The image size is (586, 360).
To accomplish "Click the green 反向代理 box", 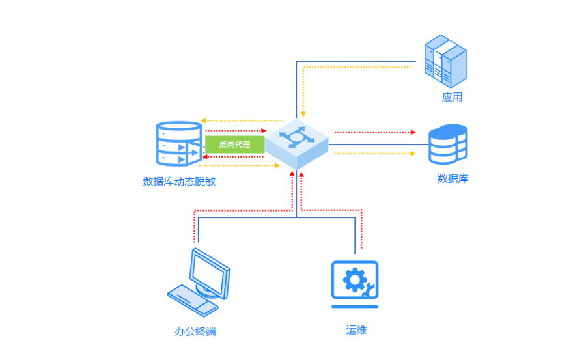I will (x=234, y=144).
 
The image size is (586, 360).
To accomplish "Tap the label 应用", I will (x=452, y=98).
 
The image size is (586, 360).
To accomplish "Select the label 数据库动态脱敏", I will (x=179, y=182).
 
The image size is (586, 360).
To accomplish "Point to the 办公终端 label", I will (x=195, y=331).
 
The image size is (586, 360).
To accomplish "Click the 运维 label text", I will (x=356, y=330).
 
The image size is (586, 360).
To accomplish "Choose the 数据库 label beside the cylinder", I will (x=453, y=178).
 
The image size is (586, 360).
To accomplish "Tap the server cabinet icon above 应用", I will (x=445, y=61).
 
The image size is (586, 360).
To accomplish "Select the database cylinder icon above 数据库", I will (x=448, y=144).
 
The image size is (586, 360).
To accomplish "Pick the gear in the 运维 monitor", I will (x=352, y=279).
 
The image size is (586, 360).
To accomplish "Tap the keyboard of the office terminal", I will (x=189, y=298).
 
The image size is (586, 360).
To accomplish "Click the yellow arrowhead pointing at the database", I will (x=413, y=154).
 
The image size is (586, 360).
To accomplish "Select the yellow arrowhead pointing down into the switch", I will (x=303, y=114).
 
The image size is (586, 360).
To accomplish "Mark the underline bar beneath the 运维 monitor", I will (x=354, y=306).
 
